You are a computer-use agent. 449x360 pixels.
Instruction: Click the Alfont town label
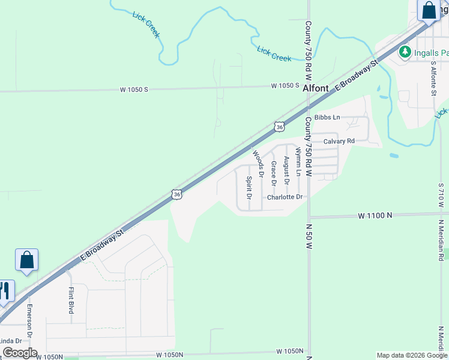(x=316, y=88)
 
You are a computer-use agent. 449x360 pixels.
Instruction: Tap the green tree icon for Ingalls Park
(x=405, y=52)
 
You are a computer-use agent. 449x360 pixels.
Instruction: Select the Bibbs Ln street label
(x=327, y=116)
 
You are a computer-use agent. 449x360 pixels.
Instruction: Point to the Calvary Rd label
(x=339, y=141)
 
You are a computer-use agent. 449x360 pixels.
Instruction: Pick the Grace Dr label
(x=273, y=173)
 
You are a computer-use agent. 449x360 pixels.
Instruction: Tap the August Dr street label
(x=286, y=170)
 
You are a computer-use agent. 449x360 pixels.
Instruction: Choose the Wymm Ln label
(x=298, y=163)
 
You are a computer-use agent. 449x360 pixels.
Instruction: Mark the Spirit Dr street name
(x=249, y=188)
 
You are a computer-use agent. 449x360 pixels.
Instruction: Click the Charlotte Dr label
(x=285, y=197)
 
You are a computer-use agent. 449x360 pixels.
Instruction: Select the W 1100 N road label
(x=375, y=215)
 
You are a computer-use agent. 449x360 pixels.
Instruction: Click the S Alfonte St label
(x=433, y=79)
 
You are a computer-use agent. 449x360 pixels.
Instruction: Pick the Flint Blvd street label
(x=71, y=301)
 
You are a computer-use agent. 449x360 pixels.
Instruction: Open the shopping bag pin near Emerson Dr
(x=26, y=260)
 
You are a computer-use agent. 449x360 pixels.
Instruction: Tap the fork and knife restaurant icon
(x=5, y=291)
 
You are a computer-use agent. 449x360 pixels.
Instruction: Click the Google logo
(x=19, y=353)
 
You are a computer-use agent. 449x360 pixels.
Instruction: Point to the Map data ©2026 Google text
(x=411, y=355)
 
